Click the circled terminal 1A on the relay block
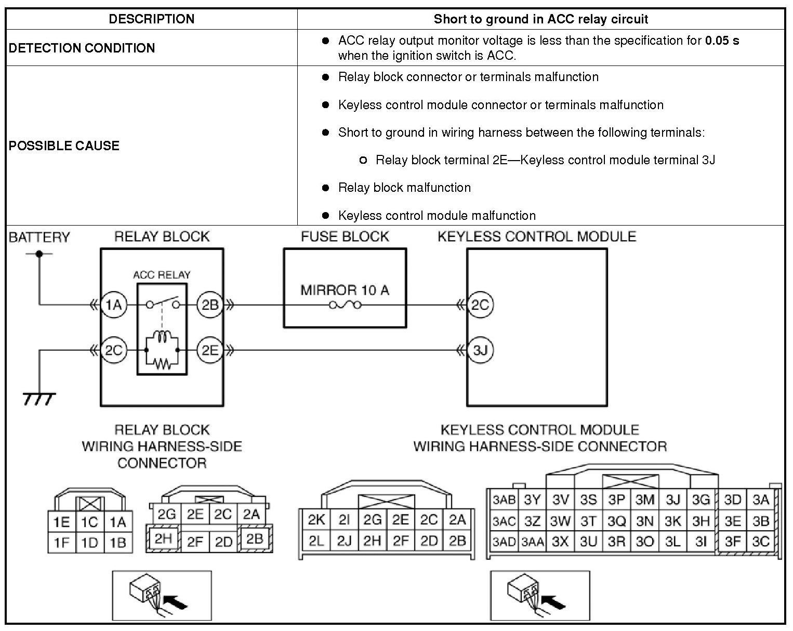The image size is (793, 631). pos(113,305)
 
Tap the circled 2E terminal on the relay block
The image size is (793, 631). pos(210,350)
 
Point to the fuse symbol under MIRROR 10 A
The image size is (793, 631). pos(345,305)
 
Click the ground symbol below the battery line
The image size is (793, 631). pos(39,399)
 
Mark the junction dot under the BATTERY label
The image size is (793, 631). pos(39,254)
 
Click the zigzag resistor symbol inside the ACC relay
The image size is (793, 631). pos(162,363)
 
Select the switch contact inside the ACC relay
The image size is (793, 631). pos(162,304)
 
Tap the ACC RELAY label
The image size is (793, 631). pos(162,275)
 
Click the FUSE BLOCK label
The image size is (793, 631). pos(345,237)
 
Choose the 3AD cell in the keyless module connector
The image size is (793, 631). pos(504,542)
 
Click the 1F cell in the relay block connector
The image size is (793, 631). pos(61,543)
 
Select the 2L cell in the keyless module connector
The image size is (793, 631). pos(316,541)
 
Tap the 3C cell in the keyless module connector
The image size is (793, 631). pos(760,542)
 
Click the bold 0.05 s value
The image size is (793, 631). pos(722,41)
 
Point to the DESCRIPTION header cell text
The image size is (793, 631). pos(151,19)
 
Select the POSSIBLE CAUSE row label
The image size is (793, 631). pos(64,146)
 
